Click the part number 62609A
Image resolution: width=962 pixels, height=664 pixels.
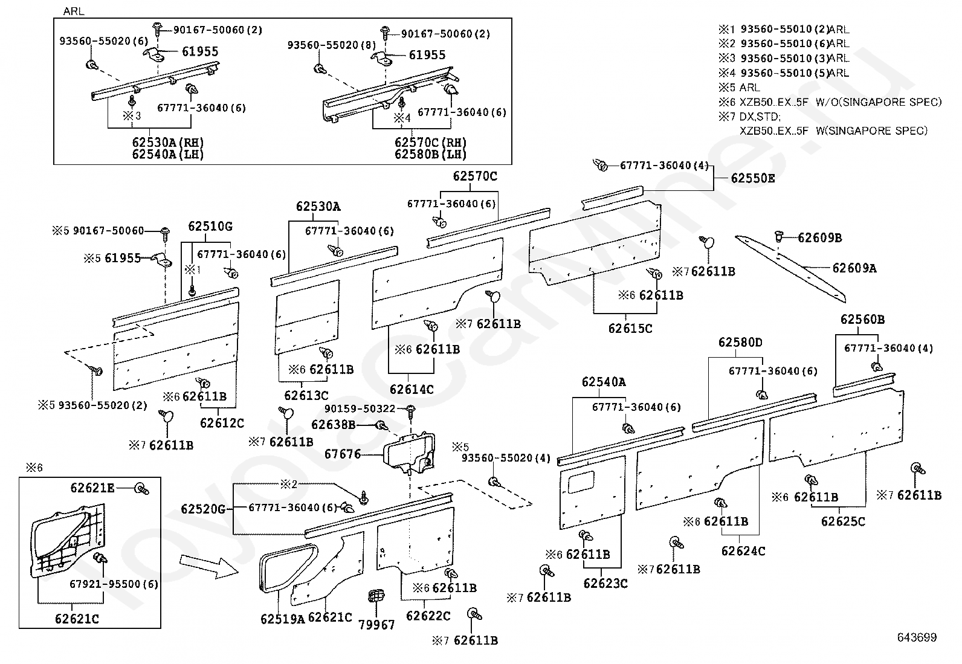click(x=854, y=268)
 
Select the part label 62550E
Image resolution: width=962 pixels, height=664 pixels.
click(x=752, y=178)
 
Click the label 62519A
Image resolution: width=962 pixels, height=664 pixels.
click(x=283, y=619)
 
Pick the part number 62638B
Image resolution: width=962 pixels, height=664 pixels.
click(x=334, y=425)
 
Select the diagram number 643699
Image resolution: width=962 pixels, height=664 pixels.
click(x=917, y=637)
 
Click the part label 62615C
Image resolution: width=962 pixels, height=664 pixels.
click(x=630, y=329)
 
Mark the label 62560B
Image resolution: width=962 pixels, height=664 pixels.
click(x=862, y=319)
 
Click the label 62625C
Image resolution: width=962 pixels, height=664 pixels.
click(x=843, y=521)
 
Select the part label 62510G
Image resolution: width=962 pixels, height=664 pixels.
click(x=210, y=227)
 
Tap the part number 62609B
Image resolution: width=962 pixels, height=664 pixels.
click(x=819, y=237)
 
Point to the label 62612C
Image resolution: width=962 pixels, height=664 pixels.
click(x=222, y=423)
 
